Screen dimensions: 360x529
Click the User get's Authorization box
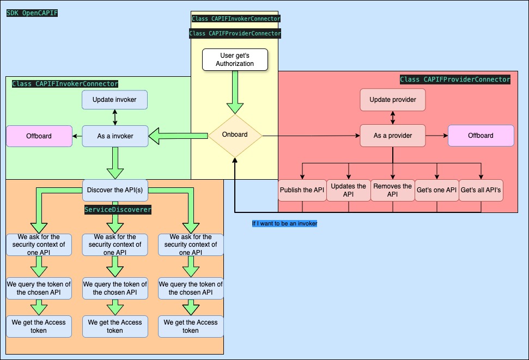click(235, 59)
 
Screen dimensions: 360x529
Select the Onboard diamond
click(235, 135)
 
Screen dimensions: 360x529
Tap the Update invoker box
click(114, 100)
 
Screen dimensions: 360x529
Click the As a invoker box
click(114, 136)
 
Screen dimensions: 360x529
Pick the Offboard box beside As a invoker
click(39, 136)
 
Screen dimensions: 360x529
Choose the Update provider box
click(392, 100)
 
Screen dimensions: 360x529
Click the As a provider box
click(392, 136)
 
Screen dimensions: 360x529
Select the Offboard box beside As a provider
click(481, 136)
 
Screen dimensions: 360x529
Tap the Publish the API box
click(302, 190)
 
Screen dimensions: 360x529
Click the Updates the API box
click(349, 190)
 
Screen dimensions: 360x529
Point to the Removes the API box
click(392, 190)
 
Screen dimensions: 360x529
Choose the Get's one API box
click(436, 190)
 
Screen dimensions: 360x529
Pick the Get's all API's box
click(481, 190)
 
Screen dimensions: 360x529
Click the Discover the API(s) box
click(114, 190)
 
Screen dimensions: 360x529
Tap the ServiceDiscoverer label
click(118, 209)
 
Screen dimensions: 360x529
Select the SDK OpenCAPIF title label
click(32, 13)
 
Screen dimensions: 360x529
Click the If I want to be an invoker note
click(284, 223)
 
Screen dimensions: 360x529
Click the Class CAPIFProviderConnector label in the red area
click(455, 80)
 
